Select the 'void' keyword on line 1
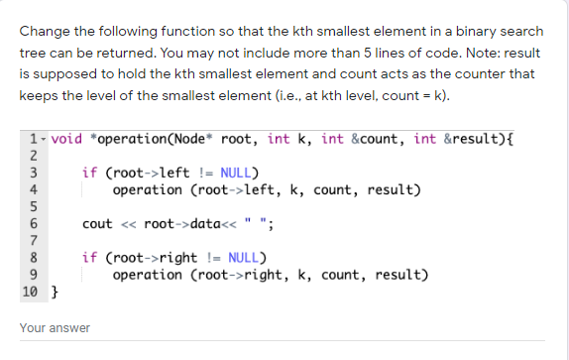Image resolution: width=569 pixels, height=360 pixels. point(65,138)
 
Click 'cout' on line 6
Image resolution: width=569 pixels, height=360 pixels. point(97,224)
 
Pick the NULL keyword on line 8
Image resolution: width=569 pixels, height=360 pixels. point(245,258)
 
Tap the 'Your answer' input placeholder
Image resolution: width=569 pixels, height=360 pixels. point(55,327)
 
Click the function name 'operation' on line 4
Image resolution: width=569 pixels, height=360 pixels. point(149,189)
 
